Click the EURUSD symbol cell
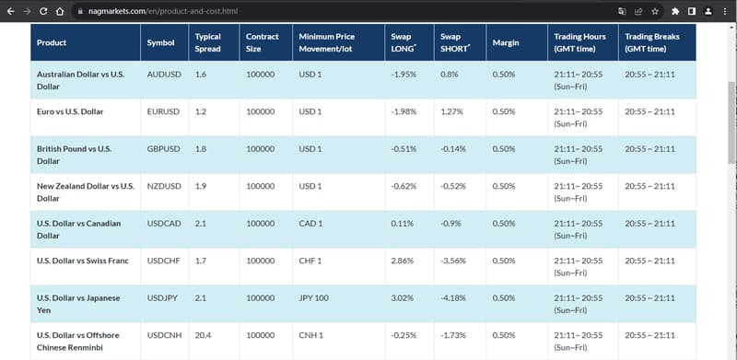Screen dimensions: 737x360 tap(163, 111)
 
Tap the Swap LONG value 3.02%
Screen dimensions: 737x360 tap(403, 298)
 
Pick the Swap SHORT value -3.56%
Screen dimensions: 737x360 tap(453, 261)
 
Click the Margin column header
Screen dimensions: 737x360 tap(506, 42)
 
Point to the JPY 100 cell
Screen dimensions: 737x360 tap(314, 298)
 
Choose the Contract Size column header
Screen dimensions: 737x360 tap(263, 42)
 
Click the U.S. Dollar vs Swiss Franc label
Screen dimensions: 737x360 tap(83, 261)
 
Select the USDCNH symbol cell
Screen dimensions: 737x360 tap(165, 335)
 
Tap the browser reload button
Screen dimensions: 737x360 tap(43, 11)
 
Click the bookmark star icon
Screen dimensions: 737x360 tap(655, 11)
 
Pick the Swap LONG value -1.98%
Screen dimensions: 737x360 tap(404, 111)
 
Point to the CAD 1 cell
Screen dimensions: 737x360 tap(310, 224)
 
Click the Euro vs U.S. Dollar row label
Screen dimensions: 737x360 tap(70, 111)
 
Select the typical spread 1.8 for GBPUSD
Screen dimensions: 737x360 tap(200, 149)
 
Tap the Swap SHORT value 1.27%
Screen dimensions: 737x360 tap(451, 111)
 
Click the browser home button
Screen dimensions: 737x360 tap(60, 11)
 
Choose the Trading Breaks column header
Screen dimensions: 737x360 tap(652, 42)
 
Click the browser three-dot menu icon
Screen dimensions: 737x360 tap(724, 11)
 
